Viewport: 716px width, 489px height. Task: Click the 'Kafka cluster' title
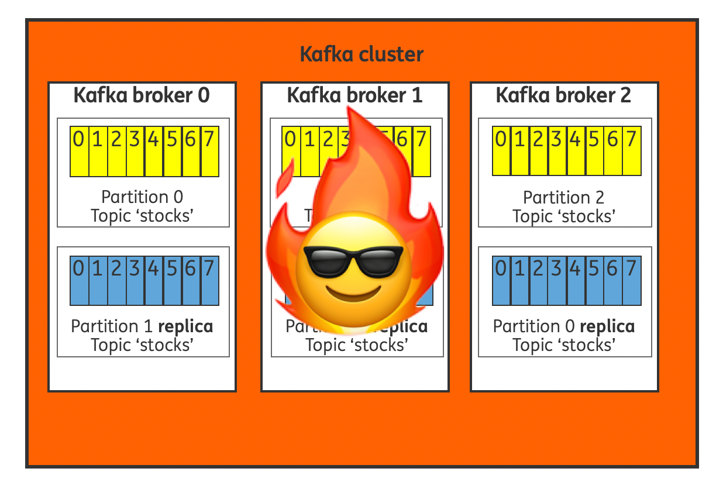coord(361,54)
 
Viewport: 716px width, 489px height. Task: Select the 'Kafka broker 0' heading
coord(142,95)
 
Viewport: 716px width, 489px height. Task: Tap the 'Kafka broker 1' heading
coord(354,95)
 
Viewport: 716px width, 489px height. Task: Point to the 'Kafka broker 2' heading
coord(563,95)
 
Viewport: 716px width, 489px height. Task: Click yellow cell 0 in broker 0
coord(80,151)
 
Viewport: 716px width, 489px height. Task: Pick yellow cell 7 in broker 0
coord(209,151)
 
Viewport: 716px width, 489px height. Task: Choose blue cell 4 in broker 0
coord(154,280)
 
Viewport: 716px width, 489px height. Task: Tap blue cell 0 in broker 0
coord(80,280)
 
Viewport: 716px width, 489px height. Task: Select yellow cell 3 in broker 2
coord(557,151)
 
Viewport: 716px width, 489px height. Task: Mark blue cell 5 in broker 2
coord(594,280)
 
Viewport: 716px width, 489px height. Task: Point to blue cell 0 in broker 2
coord(501,280)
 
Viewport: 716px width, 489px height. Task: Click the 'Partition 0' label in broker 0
coord(142,197)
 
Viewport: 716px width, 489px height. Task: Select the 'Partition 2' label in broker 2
coord(564,197)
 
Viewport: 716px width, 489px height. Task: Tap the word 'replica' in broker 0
coord(185,326)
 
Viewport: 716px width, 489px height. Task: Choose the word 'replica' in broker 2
coord(607,326)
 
